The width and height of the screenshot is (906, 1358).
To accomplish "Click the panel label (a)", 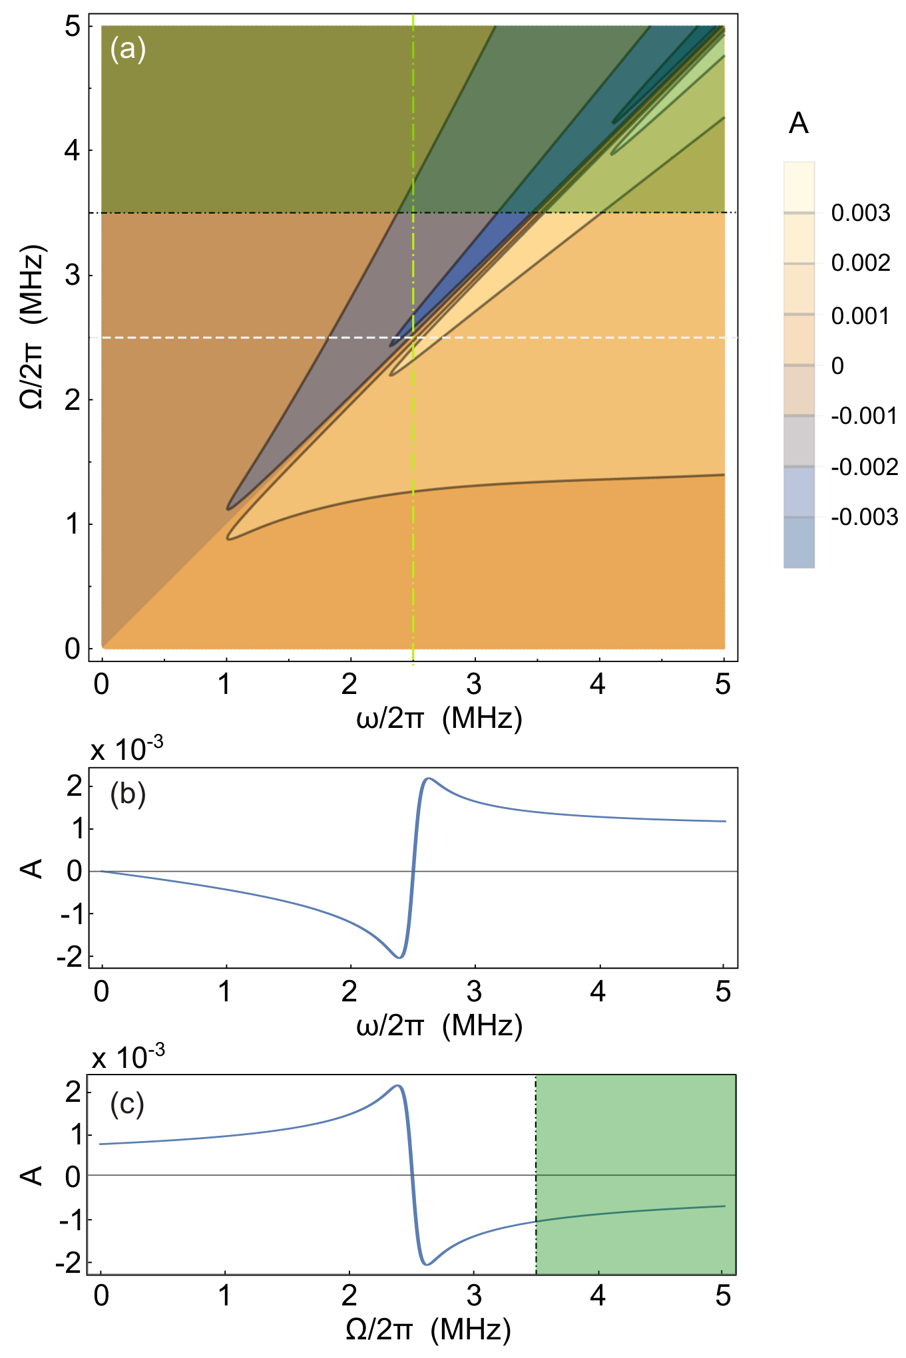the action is [128, 50].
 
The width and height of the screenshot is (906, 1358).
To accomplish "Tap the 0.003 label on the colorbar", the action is [861, 213].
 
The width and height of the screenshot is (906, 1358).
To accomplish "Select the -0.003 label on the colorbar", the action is [865, 517].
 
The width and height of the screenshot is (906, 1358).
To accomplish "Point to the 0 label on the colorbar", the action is [837, 365].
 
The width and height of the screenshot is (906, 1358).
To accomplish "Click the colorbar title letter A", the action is [799, 124].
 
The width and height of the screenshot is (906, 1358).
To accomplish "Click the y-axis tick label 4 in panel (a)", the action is [72, 150].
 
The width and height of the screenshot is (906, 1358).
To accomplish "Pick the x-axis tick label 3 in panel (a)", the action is [474, 683].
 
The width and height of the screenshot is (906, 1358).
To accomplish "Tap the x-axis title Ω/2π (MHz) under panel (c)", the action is [428, 1329].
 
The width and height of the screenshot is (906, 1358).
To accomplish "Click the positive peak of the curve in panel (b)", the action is [429, 778].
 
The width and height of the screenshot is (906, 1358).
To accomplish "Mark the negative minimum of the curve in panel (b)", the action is [399, 957].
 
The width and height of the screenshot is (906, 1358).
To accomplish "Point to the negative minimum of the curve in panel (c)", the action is [427, 1264].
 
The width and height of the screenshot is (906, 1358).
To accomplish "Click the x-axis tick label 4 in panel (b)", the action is [598, 991].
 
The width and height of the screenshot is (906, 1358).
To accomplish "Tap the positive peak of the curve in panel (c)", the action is [397, 1086].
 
